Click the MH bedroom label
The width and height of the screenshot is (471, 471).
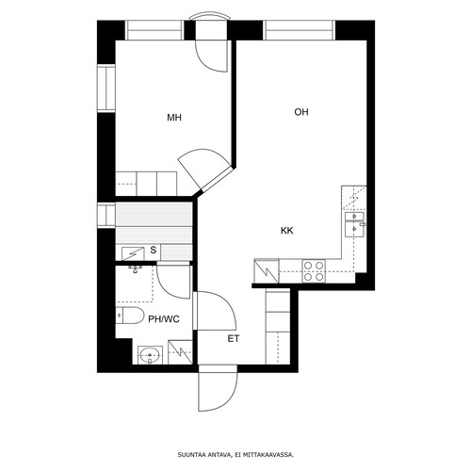(174, 118)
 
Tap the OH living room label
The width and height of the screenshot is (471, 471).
(301, 112)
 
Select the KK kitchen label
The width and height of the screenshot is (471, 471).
(287, 231)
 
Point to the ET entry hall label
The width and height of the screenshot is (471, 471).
(234, 339)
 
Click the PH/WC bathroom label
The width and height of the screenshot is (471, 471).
(164, 319)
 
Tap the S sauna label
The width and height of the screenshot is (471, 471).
(154, 251)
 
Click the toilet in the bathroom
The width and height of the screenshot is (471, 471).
(129, 316)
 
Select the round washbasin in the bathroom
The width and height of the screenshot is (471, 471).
(150, 355)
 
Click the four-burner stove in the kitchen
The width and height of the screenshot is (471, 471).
(314, 270)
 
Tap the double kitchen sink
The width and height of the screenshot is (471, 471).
(355, 224)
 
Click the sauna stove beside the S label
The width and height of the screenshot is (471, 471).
(133, 253)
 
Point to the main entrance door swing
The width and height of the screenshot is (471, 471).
(218, 389)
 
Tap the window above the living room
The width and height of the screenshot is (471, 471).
(299, 30)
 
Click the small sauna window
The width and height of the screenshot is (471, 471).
(106, 215)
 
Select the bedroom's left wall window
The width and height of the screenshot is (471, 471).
(106, 89)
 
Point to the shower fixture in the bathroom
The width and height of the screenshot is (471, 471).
(136, 269)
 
